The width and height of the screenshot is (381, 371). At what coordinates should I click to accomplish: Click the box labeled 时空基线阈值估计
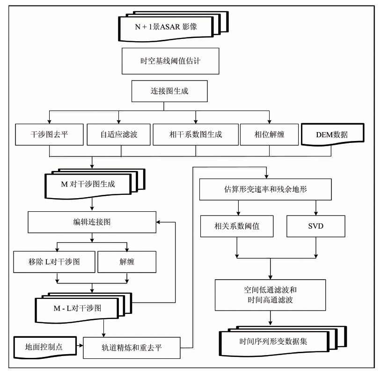coord(170,61)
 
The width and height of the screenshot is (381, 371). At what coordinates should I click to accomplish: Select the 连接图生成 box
coord(169,91)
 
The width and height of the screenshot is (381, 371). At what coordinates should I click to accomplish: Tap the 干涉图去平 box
coord(49,134)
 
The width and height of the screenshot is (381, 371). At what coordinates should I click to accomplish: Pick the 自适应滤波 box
coord(118,134)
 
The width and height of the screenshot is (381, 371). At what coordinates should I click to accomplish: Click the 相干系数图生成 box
coord(196,134)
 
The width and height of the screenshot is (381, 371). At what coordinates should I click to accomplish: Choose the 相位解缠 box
coord(269,134)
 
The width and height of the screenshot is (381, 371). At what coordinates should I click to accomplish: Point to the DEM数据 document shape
coord(332,134)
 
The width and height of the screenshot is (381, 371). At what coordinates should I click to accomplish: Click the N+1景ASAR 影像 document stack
coord(173,27)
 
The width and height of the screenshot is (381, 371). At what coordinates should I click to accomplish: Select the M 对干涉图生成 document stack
coord(95,184)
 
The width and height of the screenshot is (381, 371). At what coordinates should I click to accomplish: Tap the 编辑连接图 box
coord(92,222)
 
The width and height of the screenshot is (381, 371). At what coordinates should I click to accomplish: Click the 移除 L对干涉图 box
coord(54,262)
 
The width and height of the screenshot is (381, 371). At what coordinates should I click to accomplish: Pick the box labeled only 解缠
coord(127,262)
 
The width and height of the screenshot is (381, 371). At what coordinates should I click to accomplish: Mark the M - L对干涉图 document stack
coord(83,308)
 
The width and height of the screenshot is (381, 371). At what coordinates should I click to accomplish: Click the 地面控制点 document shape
coord(45,347)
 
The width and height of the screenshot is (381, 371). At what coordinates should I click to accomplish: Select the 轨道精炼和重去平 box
coord(132,348)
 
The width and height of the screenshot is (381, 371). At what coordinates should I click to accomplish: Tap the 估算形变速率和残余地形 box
coord(265,189)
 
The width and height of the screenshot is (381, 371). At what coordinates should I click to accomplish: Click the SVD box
coord(316,226)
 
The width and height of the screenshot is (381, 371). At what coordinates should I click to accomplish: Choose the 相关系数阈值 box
coord(237,226)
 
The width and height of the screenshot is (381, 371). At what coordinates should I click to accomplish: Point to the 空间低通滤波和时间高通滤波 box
coord(270,295)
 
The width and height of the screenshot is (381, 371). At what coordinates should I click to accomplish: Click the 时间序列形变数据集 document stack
coord(283,341)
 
